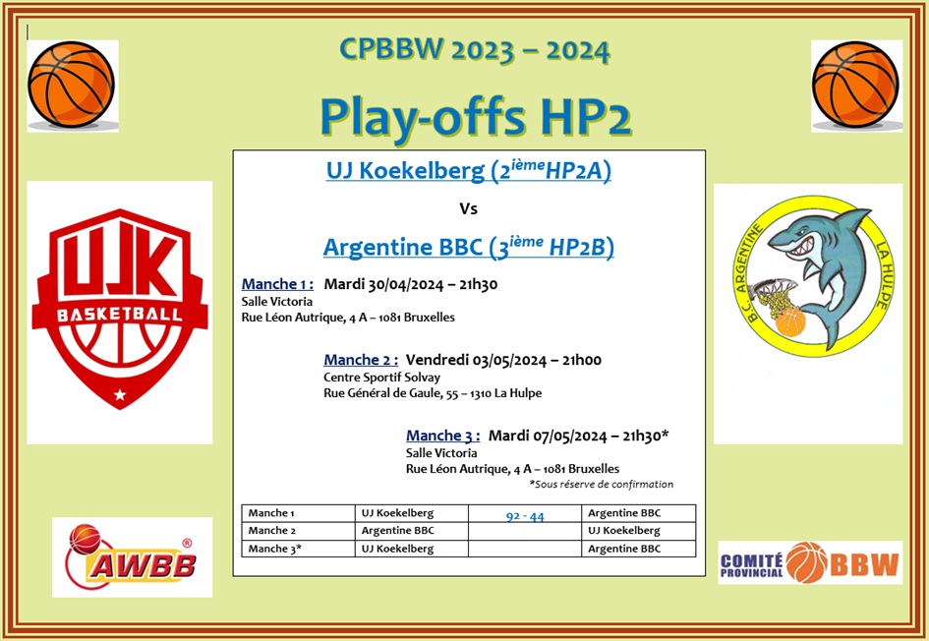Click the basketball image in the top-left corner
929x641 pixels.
[72, 85]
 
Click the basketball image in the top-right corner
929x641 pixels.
[856, 86]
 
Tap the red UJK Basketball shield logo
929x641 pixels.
[120, 309]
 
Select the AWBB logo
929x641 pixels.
[132, 556]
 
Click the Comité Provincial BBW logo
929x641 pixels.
[810, 562]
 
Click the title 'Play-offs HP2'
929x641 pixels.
[476, 117]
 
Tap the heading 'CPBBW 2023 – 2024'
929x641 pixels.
[474, 50]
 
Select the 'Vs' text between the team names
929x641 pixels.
[468, 208]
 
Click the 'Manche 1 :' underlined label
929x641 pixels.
[277, 284]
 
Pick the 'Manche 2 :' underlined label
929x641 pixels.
[361, 360]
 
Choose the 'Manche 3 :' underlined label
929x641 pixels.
[442, 436]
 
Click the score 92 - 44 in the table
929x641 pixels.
[525, 516]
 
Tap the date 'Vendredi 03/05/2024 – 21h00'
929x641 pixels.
[503, 360]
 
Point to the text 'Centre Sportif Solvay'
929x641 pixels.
[381, 378]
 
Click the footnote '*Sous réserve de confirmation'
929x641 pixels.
[601, 484]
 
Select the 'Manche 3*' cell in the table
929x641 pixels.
[298, 549]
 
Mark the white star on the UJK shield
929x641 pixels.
[120, 394]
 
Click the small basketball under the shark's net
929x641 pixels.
[790, 321]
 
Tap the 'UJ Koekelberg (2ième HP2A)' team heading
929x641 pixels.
[468, 170]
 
